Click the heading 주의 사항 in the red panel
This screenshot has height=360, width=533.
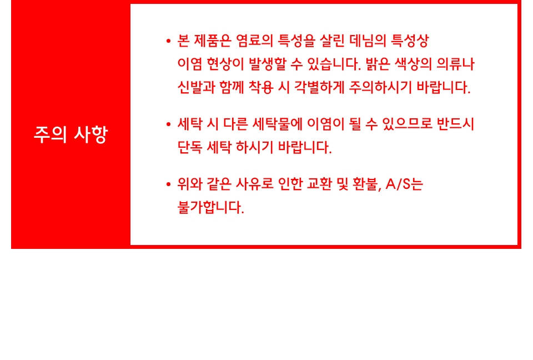(71, 134)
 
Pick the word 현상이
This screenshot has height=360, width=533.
(225, 64)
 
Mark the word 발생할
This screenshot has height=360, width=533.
(268, 64)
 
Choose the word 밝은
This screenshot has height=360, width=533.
(378, 64)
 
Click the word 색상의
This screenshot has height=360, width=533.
(413, 64)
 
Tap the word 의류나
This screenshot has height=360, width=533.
(455, 64)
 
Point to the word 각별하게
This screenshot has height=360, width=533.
(319, 87)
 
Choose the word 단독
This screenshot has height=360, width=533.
(190, 147)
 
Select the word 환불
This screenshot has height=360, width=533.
(367, 184)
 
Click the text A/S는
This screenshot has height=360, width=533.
(404, 184)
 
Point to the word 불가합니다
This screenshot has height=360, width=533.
(211, 207)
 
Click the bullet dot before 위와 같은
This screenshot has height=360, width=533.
(168, 184)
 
